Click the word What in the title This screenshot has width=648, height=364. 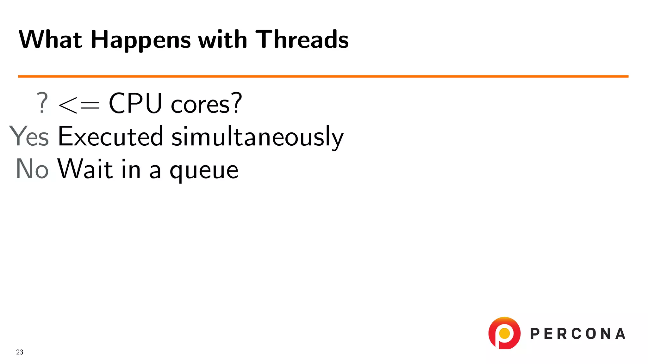coord(51,39)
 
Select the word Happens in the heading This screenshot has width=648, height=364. coord(140,40)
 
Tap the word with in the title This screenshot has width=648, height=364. coord(222,39)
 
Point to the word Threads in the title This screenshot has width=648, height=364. coord(302,39)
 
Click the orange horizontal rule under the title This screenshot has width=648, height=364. coord(323,76)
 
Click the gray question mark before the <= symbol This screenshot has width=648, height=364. coord(42,103)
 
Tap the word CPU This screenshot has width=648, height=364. coord(135,103)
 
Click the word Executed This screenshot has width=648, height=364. coord(110,136)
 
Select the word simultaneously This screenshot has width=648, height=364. coord(257,137)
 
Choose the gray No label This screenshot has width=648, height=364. coord(32,169)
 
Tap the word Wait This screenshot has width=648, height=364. coord(85,169)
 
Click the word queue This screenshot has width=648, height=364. coord(204,171)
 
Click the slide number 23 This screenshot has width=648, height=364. coord(20,352)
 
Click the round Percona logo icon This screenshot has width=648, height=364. coord(504,333)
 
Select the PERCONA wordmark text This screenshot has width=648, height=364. coord(577,334)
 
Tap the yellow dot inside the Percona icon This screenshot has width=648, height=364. coord(504,333)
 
